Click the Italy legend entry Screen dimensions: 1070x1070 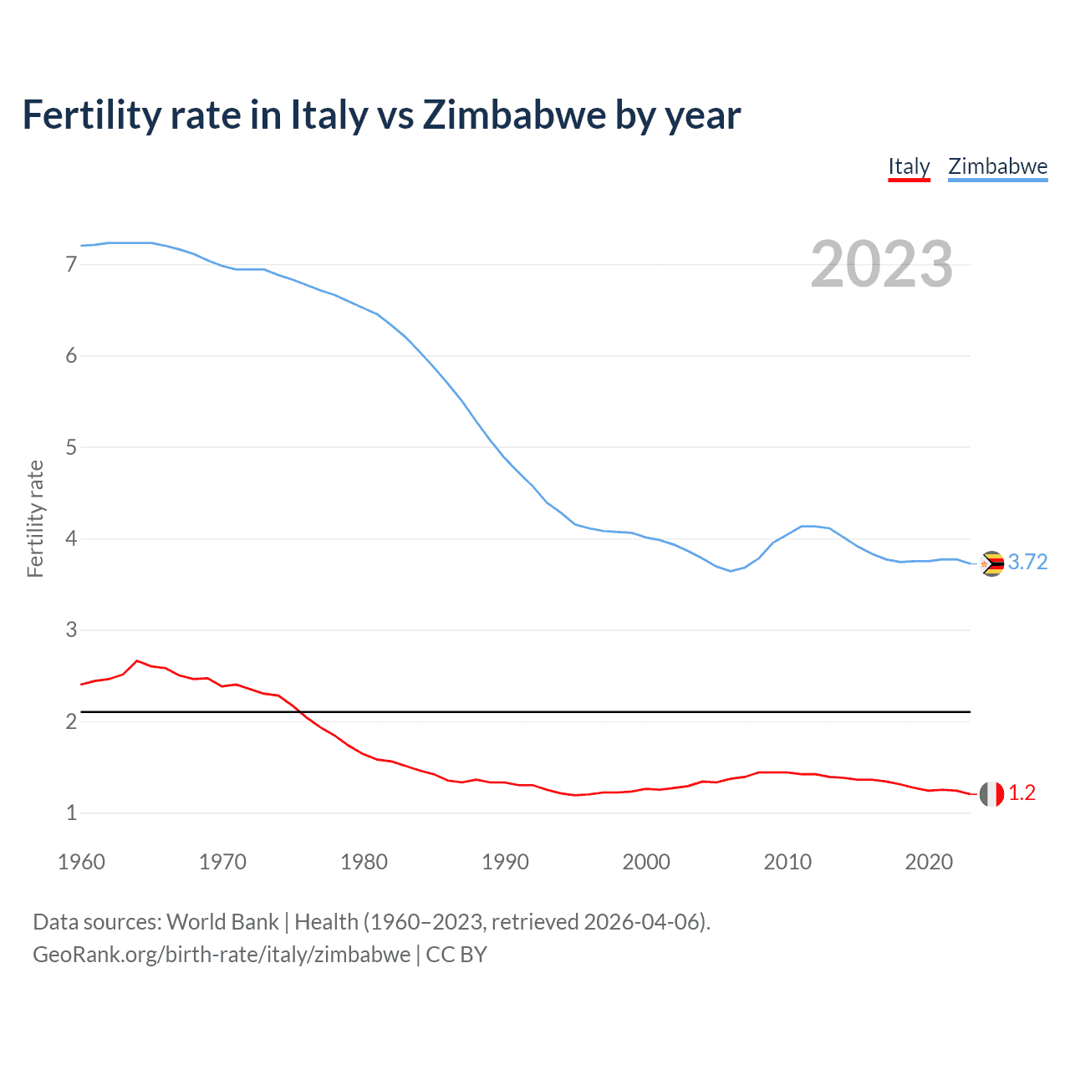tap(909, 166)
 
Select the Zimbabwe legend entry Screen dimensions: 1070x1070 tap(997, 166)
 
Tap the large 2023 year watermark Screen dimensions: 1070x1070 tap(881, 264)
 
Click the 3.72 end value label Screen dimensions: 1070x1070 tap(1027, 563)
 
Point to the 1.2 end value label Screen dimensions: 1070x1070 tap(1022, 793)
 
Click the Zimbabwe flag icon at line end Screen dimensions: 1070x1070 tap(991, 564)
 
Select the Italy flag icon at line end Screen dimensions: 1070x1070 tap(991, 794)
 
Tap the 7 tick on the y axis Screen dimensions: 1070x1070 tap(71, 265)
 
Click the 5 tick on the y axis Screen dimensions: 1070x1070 tap(71, 447)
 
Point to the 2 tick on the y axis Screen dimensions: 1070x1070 tap(71, 721)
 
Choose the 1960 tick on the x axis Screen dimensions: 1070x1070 tap(81, 862)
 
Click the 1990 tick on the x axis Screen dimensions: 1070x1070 tap(505, 862)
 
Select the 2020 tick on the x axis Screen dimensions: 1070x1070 tap(929, 862)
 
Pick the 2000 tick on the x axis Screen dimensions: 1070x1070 tap(646, 862)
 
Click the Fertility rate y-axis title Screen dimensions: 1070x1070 tap(35, 518)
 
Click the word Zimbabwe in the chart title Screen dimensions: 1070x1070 tap(513, 115)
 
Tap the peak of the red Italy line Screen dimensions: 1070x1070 tap(137, 660)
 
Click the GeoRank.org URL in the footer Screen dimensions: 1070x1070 tap(222, 955)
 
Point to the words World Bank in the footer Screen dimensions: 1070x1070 tap(222, 922)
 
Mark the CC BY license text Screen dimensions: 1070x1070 tap(456, 955)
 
